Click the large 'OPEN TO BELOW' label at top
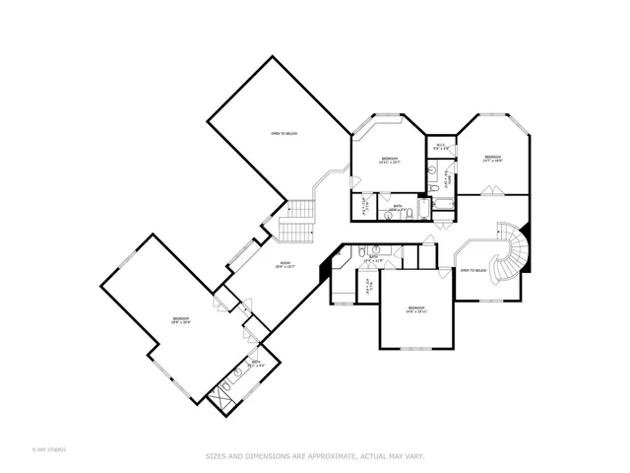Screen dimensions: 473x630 (284, 134)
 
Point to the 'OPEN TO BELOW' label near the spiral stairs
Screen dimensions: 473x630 (473, 270)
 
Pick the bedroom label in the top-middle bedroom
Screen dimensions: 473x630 (390, 160)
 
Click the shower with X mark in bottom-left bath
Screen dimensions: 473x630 (219, 395)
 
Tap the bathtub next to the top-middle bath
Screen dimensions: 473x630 (424, 209)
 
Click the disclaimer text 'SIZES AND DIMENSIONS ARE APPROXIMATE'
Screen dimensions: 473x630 (315, 455)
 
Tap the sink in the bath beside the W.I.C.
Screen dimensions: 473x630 (433, 169)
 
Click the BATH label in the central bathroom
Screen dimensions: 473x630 (373, 257)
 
